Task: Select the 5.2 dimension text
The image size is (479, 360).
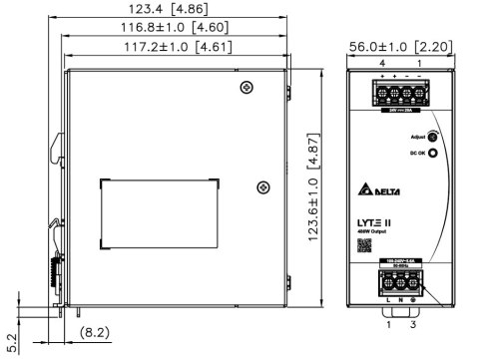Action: click(x=11, y=341)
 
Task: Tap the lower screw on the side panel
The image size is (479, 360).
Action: click(x=262, y=185)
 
